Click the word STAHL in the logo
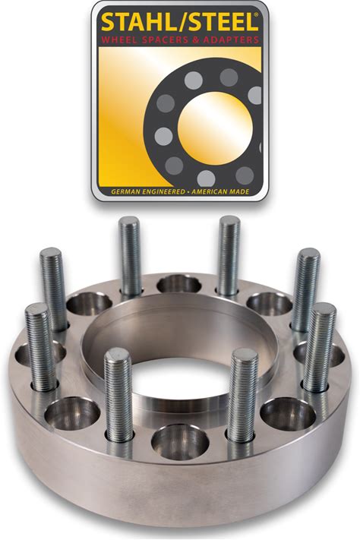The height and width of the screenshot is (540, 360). [135, 22]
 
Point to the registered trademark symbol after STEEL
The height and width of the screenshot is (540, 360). [257, 14]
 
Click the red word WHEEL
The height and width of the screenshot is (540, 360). [118, 39]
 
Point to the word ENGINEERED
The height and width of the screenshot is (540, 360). [162, 192]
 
